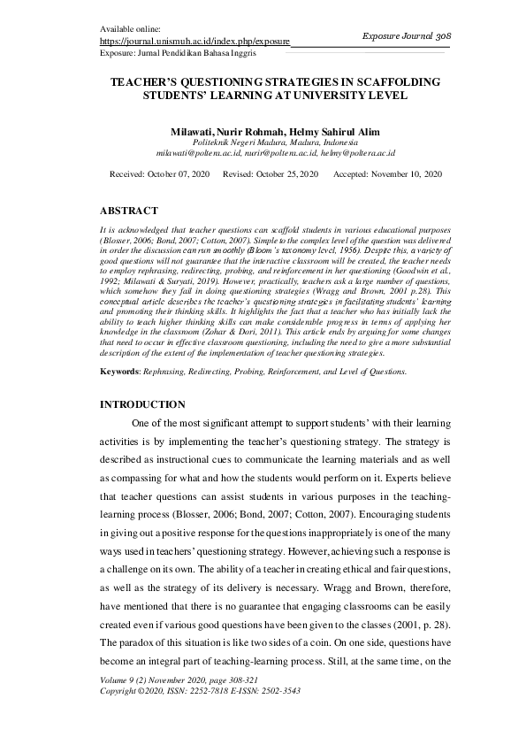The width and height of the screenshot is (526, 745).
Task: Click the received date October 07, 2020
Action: coord(177,174)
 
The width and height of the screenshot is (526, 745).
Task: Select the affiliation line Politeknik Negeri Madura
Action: coord(275,142)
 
